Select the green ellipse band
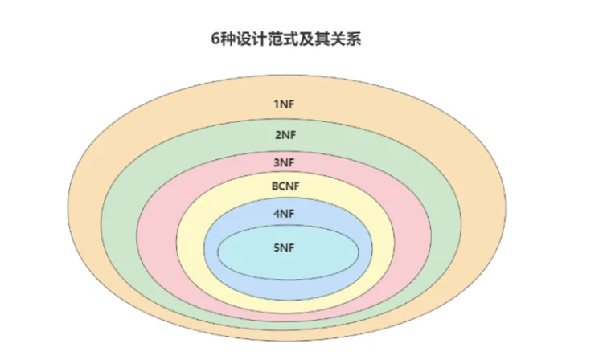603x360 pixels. point(121,233)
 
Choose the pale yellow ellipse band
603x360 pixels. point(190,241)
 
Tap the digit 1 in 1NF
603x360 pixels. point(277,104)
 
